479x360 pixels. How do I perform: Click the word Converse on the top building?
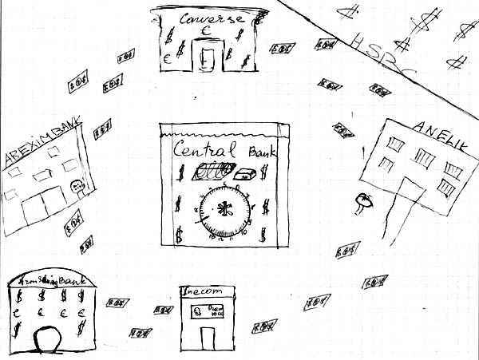pos(210,20)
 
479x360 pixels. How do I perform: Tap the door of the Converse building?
pos(208,58)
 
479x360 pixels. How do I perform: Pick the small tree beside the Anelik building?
pos(363,200)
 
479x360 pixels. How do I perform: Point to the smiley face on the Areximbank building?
pos(78,188)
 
